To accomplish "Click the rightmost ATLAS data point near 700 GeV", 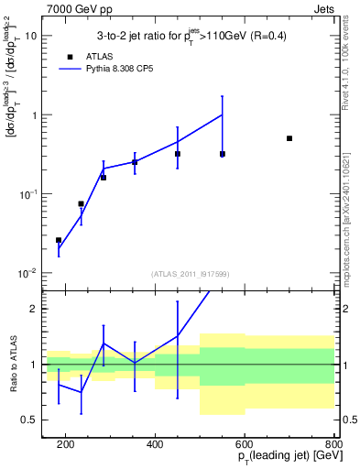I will [289, 138].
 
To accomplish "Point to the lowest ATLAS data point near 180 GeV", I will [59, 240].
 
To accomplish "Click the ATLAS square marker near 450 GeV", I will [178, 154].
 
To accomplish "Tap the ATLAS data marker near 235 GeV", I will [81, 203].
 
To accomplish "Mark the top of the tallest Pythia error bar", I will [223, 96].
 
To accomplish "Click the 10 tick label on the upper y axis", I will [31, 36].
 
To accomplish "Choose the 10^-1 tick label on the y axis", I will [28, 194].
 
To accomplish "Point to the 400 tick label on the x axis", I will [155, 444].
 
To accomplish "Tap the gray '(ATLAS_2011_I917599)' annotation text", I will [190, 274].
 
